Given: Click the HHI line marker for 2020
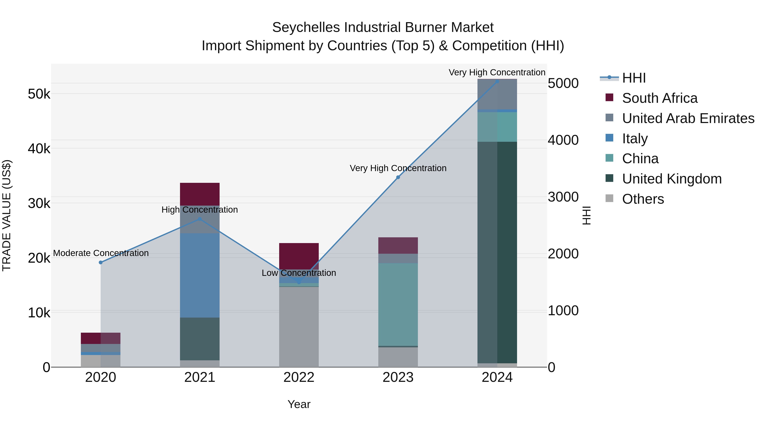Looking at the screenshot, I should [x=100, y=262].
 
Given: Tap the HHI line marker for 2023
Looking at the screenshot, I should [x=398, y=177].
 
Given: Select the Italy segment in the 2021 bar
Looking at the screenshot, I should [x=200, y=275].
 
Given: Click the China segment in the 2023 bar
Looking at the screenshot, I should [x=398, y=304].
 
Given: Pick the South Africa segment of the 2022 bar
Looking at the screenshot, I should [x=299, y=256].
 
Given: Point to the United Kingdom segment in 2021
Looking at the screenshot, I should [x=200, y=339].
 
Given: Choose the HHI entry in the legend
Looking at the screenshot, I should [x=633, y=78].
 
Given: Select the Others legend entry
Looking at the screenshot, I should [x=643, y=199].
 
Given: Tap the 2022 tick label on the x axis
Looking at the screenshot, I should [x=299, y=377].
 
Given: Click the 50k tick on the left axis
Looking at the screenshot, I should [x=39, y=94].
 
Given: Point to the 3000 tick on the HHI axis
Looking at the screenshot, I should [x=563, y=197].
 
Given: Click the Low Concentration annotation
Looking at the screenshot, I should [x=299, y=273].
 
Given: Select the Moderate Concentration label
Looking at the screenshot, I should [x=101, y=253].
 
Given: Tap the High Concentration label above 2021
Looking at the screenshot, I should [x=200, y=210].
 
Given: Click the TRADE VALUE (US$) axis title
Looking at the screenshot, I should [x=7, y=215].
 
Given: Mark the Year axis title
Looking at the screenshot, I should [x=299, y=404].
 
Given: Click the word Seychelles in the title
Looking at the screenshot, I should [x=306, y=27].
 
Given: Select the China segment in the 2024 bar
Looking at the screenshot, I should [x=497, y=127].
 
